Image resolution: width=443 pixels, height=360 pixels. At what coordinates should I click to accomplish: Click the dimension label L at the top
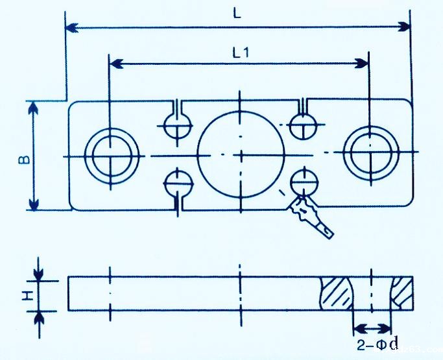tap(238, 14)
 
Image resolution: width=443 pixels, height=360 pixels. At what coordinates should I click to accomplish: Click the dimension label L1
tap(240, 53)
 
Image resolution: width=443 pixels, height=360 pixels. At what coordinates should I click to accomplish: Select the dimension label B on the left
tap(21, 158)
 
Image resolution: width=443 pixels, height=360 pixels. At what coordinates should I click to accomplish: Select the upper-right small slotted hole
tap(303, 125)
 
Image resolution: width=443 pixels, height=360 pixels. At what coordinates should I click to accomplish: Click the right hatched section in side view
tap(403, 293)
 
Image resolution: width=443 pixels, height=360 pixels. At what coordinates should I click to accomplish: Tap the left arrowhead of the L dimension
tap(72, 27)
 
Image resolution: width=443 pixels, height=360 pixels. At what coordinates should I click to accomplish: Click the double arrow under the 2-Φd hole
tap(372, 328)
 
